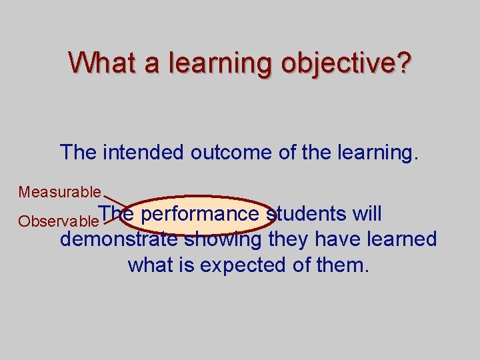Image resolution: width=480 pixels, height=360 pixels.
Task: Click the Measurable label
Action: [59, 193]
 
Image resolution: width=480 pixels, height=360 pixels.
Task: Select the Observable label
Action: [58, 221]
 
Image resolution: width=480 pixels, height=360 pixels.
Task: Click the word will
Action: [367, 214]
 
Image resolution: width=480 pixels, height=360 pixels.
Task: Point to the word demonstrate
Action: [119, 239]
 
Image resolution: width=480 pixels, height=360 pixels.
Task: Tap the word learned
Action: [405, 239]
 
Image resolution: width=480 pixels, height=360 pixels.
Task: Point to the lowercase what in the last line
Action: [150, 265]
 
